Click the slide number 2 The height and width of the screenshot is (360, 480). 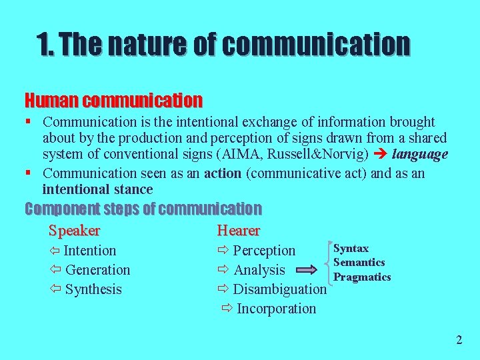tap(459, 340)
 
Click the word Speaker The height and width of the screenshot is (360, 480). tap(74, 231)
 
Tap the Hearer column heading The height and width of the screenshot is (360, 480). tap(238, 231)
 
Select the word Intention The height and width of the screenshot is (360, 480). tap(89, 251)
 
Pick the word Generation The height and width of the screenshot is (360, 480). tap(97, 270)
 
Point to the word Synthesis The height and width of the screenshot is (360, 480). tap(93, 289)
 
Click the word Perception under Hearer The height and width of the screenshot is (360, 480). tap(264, 251)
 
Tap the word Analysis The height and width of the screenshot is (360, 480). tap(259, 270)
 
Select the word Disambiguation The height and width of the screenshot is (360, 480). tap(279, 289)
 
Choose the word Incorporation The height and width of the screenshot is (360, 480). tap(276, 309)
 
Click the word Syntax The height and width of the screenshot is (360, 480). tap(351, 249)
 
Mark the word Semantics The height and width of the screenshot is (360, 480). tap(359, 263)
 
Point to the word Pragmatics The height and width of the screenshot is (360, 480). tap(362, 277)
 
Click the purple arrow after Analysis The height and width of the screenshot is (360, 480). tap(307, 270)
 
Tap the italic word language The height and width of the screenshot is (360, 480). tap(420, 155)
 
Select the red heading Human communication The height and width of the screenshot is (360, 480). tap(113, 101)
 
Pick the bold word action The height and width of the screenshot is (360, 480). tap(222, 173)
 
